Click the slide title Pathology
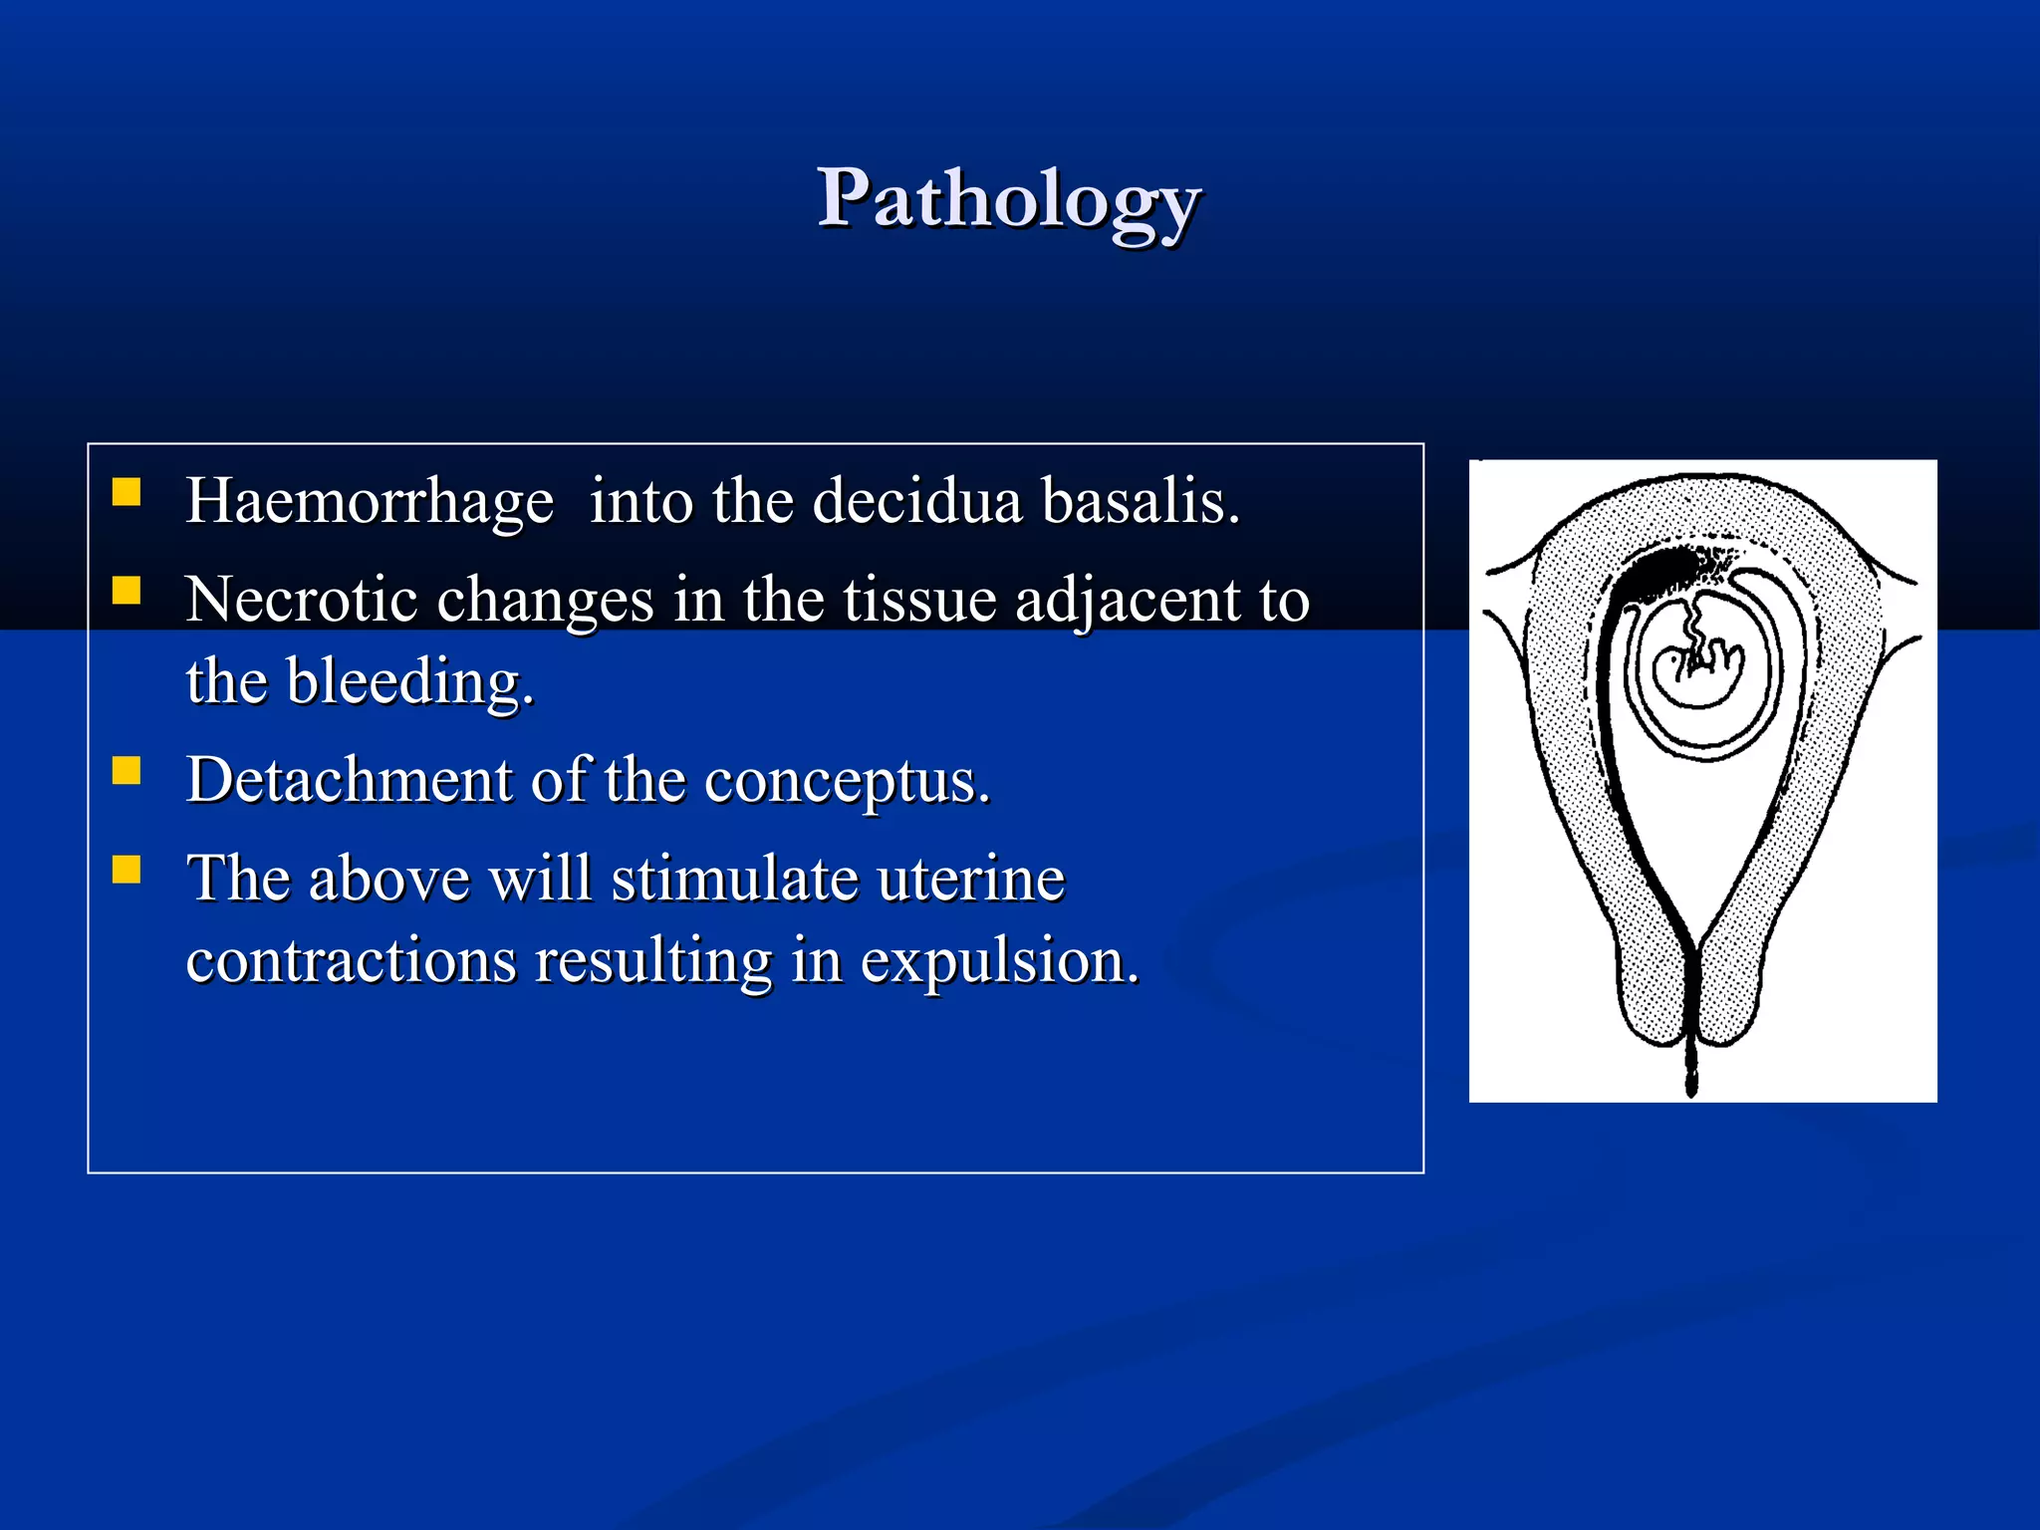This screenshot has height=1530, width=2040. tap(1008, 199)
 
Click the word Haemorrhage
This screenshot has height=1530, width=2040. tap(370, 501)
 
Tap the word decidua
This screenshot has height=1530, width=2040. tap(916, 500)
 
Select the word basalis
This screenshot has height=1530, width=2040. tap(1141, 500)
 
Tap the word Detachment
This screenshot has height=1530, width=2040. tap(348, 779)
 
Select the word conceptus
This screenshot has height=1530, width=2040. tap(847, 781)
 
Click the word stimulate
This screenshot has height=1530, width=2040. tap(734, 879)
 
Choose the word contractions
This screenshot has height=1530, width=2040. tap(351, 960)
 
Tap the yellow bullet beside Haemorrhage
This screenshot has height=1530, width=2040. tap(127, 493)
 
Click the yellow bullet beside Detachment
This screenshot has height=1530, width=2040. tap(127, 772)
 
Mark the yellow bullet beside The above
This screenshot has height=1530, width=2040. tap(127, 871)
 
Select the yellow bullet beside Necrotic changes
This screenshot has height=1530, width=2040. tap(127, 592)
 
